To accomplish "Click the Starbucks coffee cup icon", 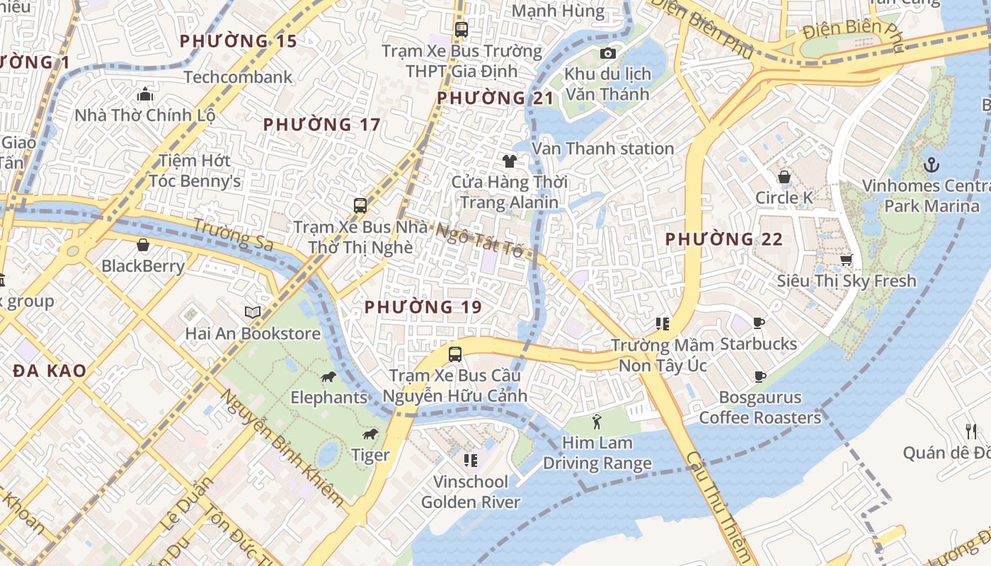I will pyautogui.click(x=759, y=323).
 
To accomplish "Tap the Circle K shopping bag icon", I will pyautogui.click(x=784, y=177).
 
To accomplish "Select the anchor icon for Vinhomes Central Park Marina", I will pyautogui.click(x=932, y=166).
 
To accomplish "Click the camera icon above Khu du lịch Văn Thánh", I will pyautogui.click(x=607, y=54).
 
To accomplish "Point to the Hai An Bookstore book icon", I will pyautogui.click(x=253, y=312).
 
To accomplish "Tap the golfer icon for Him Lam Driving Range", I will pyautogui.click(x=597, y=422).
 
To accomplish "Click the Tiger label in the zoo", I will pyautogui.click(x=371, y=455).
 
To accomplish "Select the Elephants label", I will pyautogui.click(x=328, y=397).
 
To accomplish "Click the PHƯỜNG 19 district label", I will pyautogui.click(x=423, y=307).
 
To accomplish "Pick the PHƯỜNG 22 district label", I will pyautogui.click(x=724, y=239).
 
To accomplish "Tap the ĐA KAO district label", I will pyautogui.click(x=50, y=371).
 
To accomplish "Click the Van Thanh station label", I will pyautogui.click(x=602, y=149).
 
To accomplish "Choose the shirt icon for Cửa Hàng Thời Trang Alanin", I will pyautogui.click(x=509, y=161).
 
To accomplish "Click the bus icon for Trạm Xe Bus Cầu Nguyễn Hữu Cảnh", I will pyautogui.click(x=455, y=354).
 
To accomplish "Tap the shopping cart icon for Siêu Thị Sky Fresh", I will pyautogui.click(x=846, y=260).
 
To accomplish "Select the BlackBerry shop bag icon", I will pyautogui.click(x=143, y=246).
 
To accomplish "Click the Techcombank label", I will pyautogui.click(x=238, y=77).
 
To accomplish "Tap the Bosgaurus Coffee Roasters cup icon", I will pyautogui.click(x=760, y=376).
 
